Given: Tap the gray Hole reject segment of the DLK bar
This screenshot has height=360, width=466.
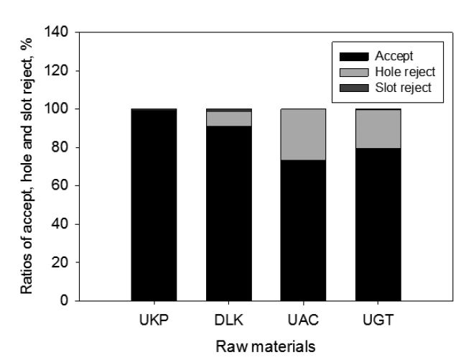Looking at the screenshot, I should point(228,119).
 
